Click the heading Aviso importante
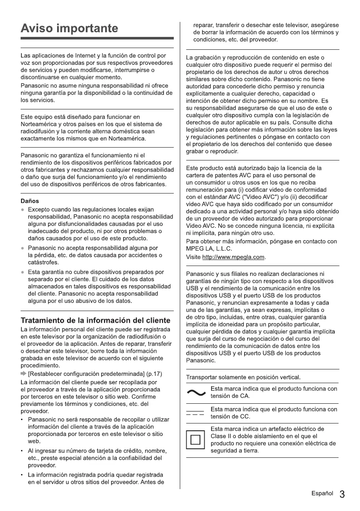click(69, 29)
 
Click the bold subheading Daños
click(30, 201)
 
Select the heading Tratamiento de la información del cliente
click(96, 321)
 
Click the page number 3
click(342, 494)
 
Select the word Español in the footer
click(323, 494)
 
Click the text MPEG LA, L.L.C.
click(209, 248)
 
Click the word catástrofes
click(42, 263)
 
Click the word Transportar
click(202, 377)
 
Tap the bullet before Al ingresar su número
click(23, 451)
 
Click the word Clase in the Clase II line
click(218, 436)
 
